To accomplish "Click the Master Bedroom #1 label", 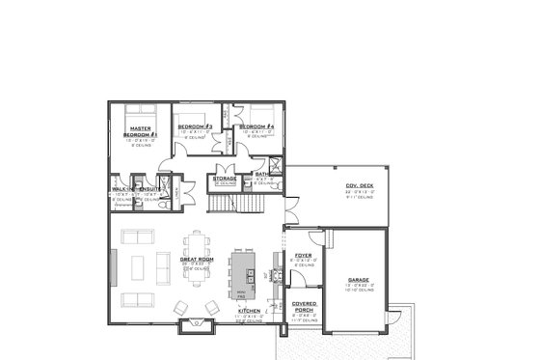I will [133, 129].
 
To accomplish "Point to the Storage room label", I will [226, 179].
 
